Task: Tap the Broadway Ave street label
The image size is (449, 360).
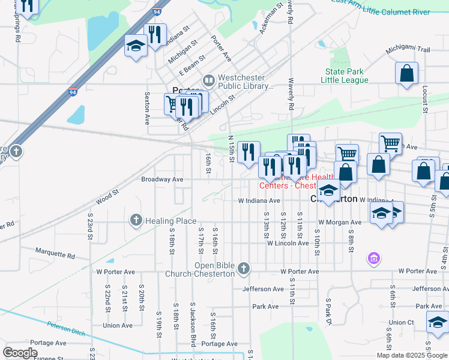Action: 161,179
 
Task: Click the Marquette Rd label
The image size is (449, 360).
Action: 55,253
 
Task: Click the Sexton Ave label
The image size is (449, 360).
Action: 146,109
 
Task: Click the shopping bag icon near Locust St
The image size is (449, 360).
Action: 406,74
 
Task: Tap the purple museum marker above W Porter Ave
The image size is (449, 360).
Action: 373,259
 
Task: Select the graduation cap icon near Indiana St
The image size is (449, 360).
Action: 136,46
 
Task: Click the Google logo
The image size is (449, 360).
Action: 20,352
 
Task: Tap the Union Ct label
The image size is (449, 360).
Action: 402,323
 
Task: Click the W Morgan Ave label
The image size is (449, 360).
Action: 340,222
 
